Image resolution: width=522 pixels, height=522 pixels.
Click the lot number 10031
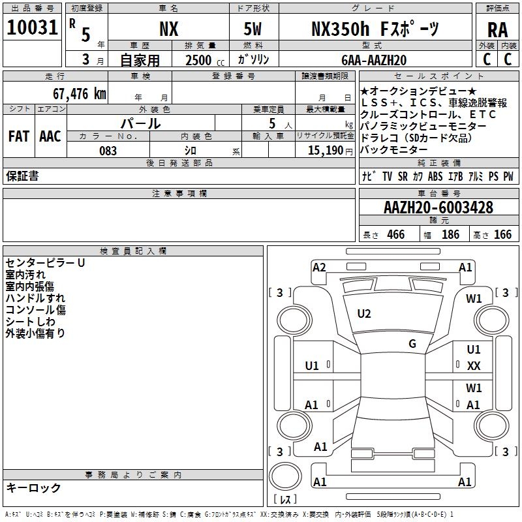[32, 27]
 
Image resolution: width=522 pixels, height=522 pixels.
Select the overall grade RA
[498, 30]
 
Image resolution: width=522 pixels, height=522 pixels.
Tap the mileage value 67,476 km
[80, 94]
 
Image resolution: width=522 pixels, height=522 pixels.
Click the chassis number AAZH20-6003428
[438, 207]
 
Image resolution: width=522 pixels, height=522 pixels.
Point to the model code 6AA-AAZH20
[374, 60]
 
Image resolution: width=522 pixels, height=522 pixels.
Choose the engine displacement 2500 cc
[205, 60]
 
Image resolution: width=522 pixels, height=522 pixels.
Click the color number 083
[108, 151]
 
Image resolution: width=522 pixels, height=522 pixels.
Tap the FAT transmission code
[19, 136]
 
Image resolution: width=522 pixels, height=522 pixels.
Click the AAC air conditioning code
[50, 136]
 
